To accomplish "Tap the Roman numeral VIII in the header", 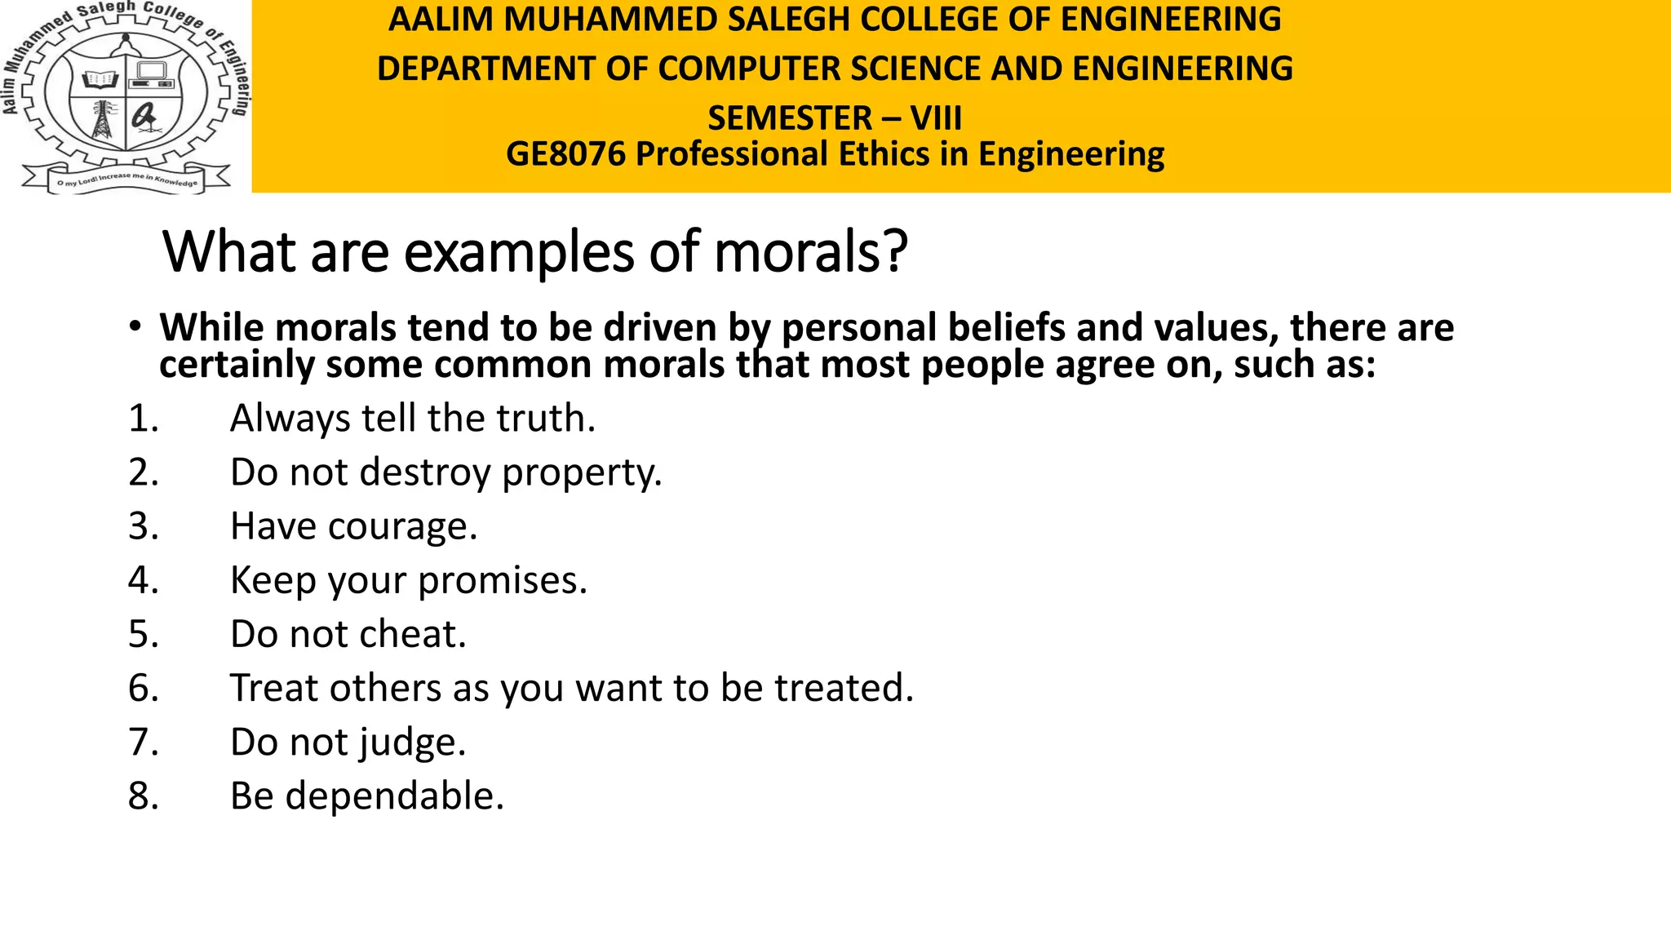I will tap(936, 118).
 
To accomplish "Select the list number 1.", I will tap(143, 419).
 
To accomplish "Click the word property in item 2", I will tap(581, 473).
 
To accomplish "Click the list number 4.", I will tap(143, 581).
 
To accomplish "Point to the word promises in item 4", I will tap(502, 581).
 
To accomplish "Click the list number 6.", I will tap(143, 689).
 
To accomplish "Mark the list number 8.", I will tap(143, 796).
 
